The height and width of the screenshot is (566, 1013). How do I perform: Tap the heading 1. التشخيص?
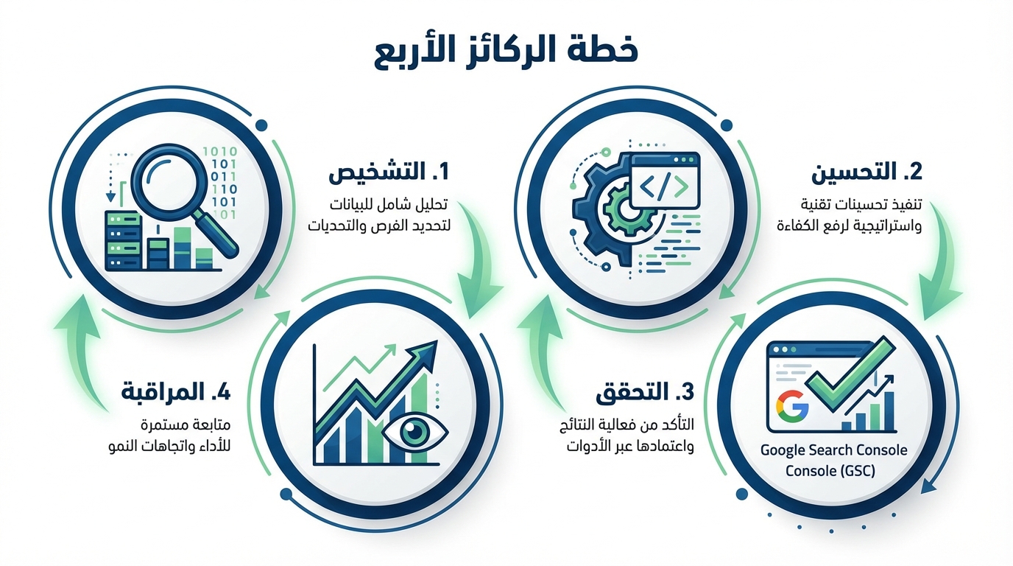[389, 172]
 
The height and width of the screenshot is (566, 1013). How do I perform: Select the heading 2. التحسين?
[866, 172]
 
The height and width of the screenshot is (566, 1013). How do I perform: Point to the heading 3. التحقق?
[644, 392]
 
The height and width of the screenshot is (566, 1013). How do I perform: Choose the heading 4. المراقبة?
[176, 392]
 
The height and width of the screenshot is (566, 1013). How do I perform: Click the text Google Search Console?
[834, 450]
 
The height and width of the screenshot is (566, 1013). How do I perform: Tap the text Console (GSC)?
[830, 471]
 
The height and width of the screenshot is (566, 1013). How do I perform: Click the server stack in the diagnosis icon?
[122, 240]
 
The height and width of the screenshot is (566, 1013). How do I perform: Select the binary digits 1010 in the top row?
[220, 152]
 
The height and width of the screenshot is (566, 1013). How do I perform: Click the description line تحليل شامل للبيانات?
[389, 205]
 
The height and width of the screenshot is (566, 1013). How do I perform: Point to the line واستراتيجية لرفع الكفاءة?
[850, 226]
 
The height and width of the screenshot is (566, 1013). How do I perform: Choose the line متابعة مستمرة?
[186, 426]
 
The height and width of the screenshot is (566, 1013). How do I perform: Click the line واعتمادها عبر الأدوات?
[630, 447]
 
